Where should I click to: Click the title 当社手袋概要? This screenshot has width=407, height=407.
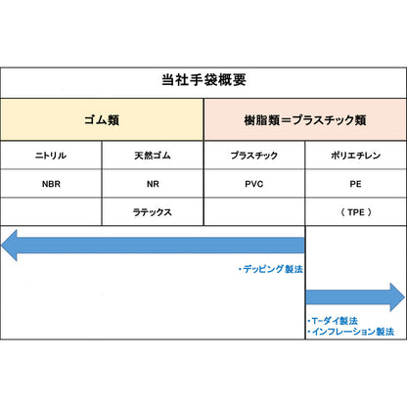tap(203, 80)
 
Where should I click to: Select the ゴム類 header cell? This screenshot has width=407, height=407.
tap(102, 119)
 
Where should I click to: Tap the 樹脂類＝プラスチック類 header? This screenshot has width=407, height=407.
tap(305, 119)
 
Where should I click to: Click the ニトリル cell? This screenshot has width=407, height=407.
tap(51, 156)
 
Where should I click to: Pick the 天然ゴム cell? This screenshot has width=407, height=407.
tap(153, 156)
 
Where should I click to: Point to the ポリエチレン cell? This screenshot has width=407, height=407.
tap(356, 156)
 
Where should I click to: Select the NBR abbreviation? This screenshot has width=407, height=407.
tap(51, 184)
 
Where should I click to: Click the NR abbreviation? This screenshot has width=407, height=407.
tap(153, 184)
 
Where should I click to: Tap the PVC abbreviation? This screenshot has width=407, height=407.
tap(254, 184)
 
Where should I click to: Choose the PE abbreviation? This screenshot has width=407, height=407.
tap(355, 184)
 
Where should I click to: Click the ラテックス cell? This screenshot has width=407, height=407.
tap(153, 212)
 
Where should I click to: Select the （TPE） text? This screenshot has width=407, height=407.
tap(356, 212)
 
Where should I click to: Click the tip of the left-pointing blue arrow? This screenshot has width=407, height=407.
tap(2, 246)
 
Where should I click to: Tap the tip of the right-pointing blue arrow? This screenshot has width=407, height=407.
tap(405, 297)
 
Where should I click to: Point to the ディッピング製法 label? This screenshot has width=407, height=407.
tap(271, 269)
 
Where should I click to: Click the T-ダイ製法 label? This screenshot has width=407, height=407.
tap(333, 321)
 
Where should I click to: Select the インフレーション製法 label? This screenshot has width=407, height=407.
tap(350, 332)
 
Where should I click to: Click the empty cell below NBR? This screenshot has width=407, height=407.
tap(51, 212)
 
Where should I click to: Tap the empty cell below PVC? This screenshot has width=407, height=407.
tap(254, 212)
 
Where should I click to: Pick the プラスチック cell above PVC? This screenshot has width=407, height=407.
tap(254, 156)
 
